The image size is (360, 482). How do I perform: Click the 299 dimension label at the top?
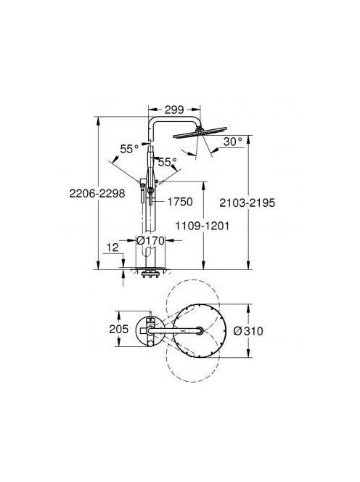[x=174, y=110]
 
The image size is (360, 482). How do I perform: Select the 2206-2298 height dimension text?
[x=97, y=193]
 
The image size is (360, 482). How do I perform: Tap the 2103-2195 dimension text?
[x=247, y=203]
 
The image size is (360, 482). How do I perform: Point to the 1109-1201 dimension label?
[x=202, y=226]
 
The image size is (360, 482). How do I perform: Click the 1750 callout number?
[x=180, y=202]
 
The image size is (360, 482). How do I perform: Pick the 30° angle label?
[x=232, y=142]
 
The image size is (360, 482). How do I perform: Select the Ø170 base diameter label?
[x=151, y=240]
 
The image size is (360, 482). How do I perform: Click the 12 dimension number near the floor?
[x=112, y=247]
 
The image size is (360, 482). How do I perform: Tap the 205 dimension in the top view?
[x=118, y=329]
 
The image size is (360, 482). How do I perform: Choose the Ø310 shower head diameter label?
[x=248, y=331]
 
